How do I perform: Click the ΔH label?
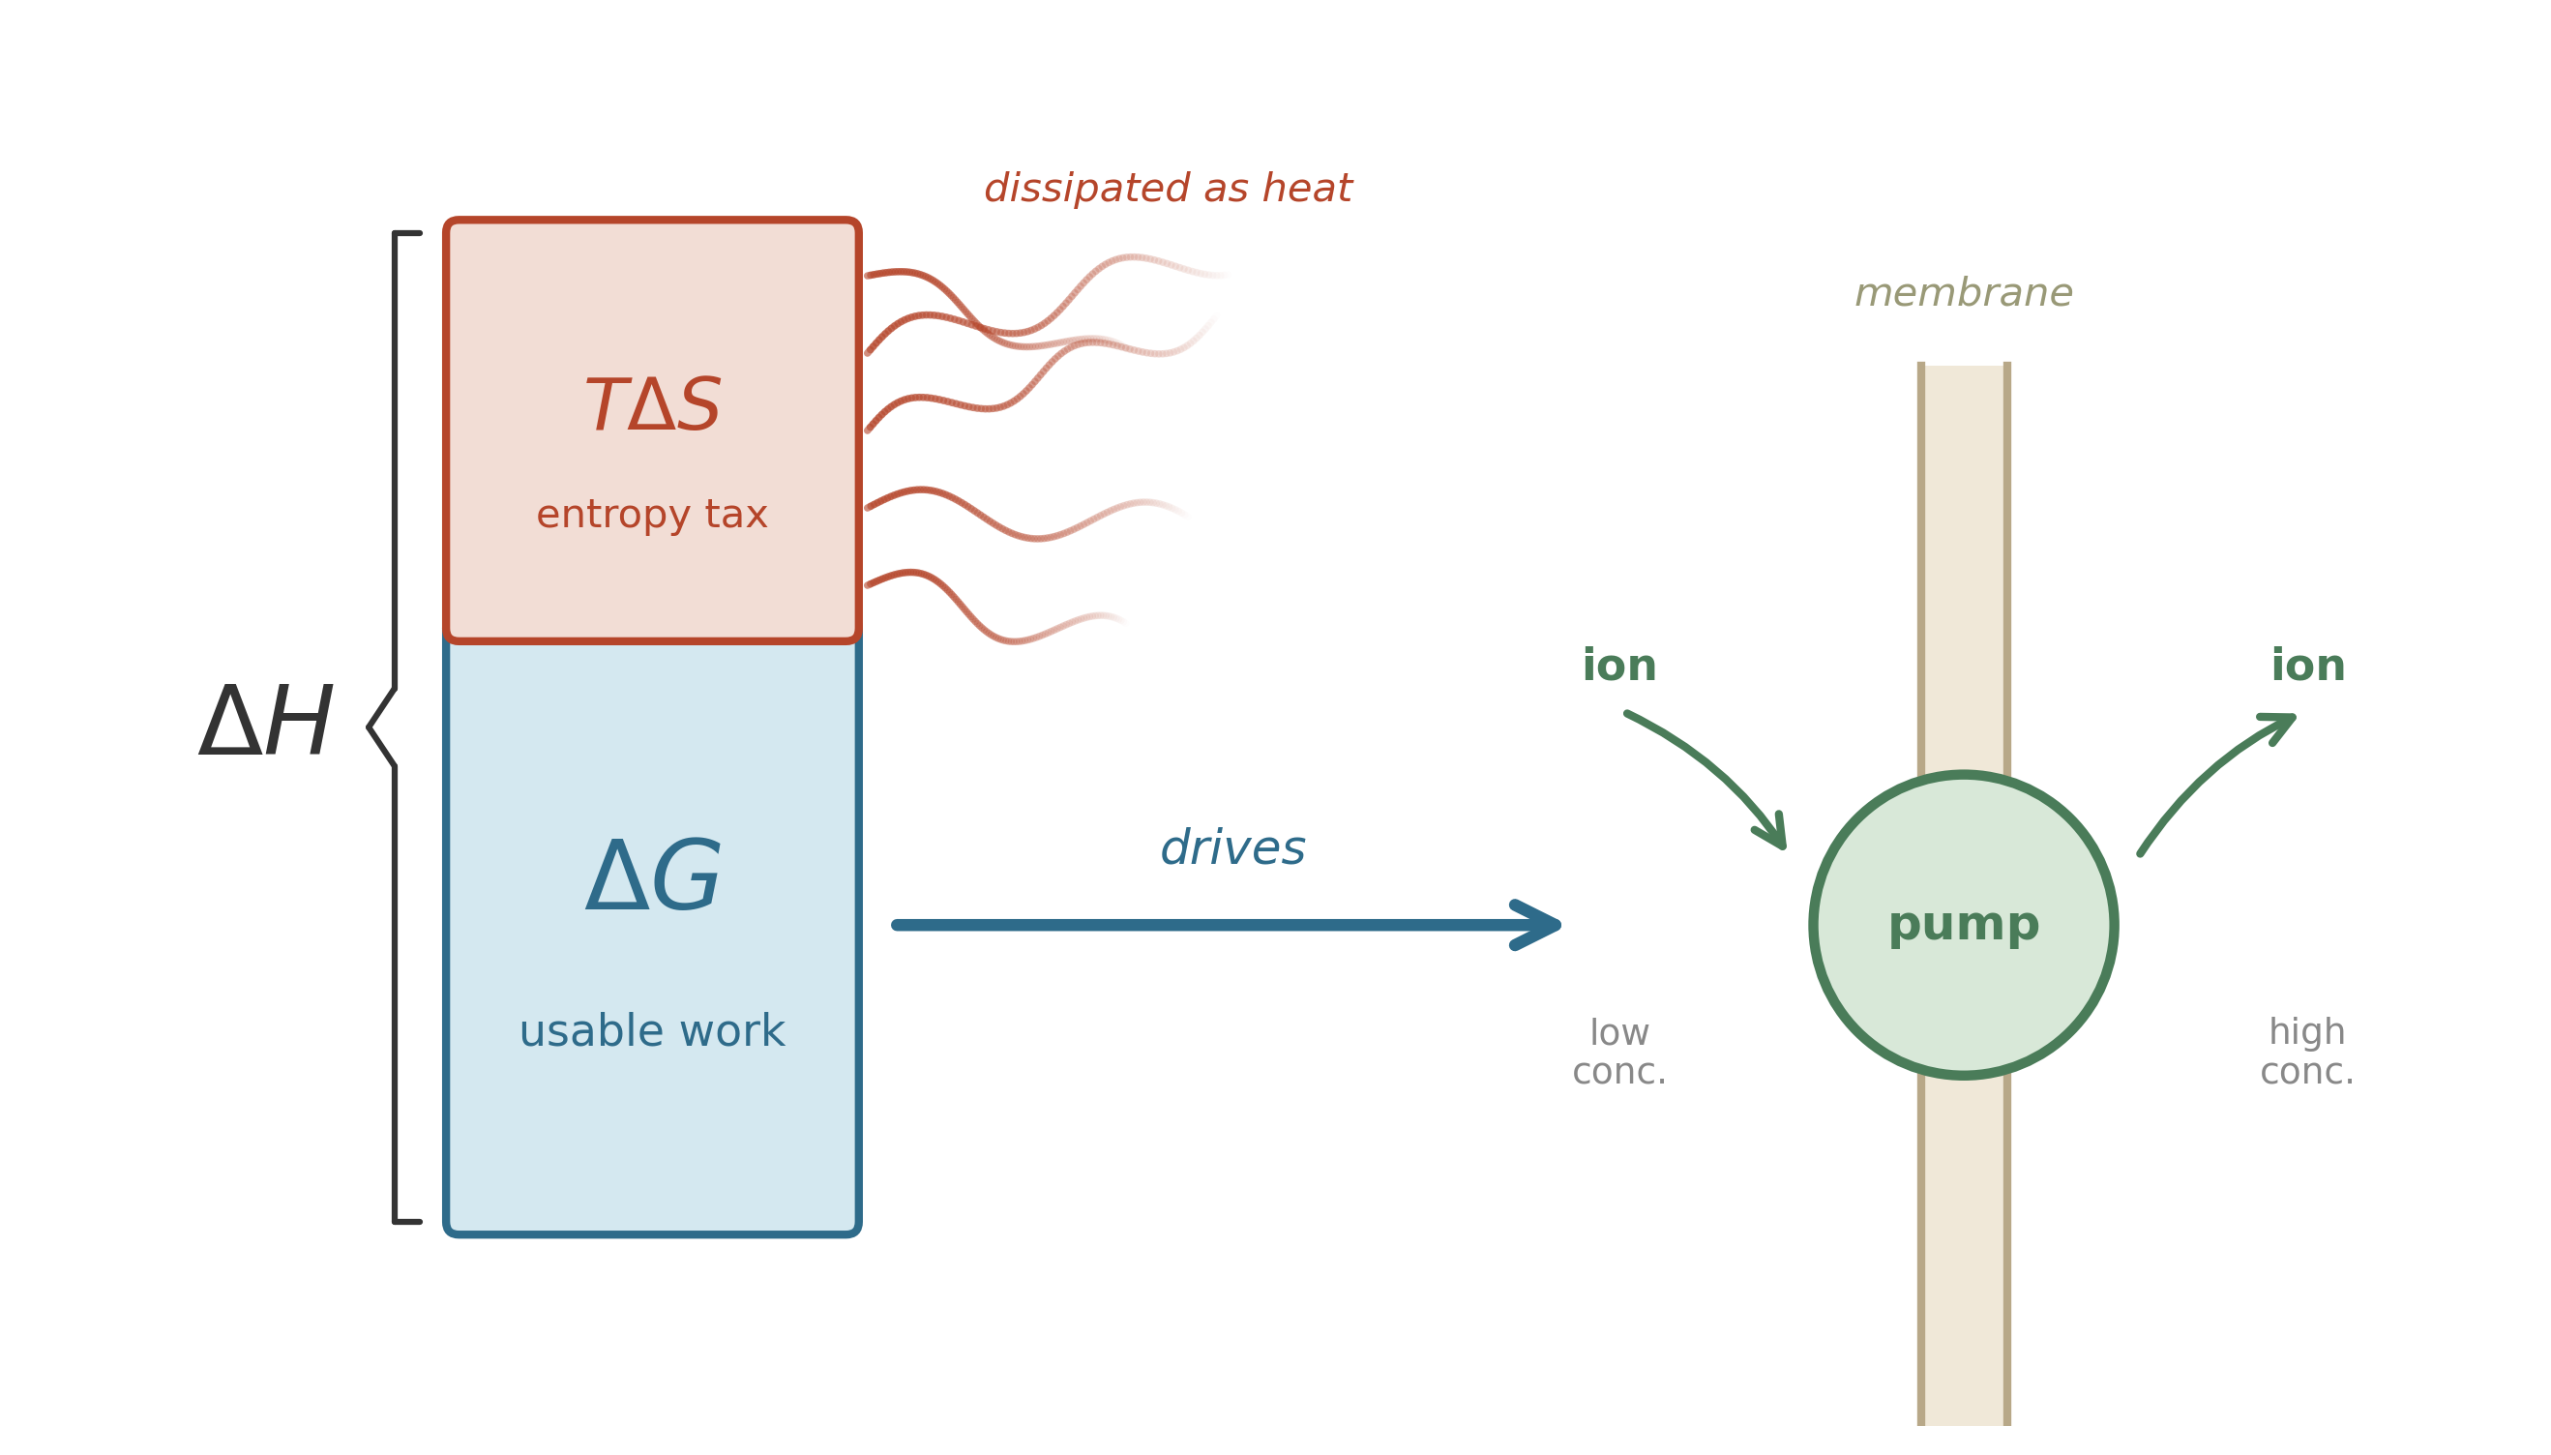click(266, 722)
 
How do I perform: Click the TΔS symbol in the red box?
click(651, 405)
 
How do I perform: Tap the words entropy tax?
click(651, 515)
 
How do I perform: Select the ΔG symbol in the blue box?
click(651, 876)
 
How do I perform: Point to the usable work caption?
click(651, 1031)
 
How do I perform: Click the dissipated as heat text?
click(1167, 188)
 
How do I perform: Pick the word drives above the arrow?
click(1232, 847)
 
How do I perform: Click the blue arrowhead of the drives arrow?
click(1539, 924)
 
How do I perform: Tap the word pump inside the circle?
click(1963, 923)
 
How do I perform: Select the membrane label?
click(1963, 293)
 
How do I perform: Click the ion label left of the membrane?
click(1618, 666)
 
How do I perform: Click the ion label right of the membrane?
click(2307, 666)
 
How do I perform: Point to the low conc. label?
click(1618, 1052)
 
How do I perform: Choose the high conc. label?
click(2307, 1052)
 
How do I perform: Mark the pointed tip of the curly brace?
click(371, 727)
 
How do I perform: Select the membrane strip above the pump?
click(1963, 559)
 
